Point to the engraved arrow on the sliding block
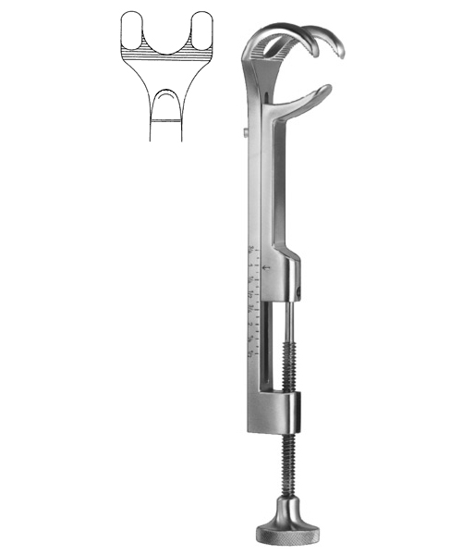[x=267, y=268]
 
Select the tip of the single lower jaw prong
[x=325, y=89]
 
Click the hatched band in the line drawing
[x=166, y=57]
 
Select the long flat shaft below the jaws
[x=263, y=185]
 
